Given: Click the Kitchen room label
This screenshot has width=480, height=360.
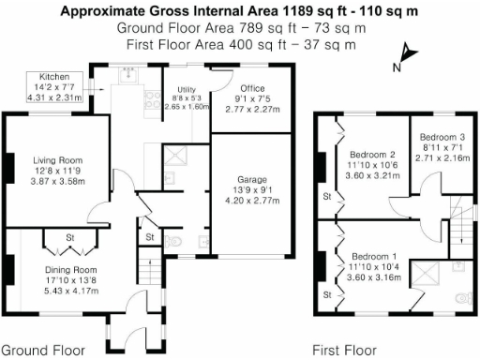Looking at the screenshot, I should pos(52,76).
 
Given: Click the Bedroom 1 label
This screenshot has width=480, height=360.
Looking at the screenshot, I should pos(374,256).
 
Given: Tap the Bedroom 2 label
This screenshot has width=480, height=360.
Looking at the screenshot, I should pos(372,155).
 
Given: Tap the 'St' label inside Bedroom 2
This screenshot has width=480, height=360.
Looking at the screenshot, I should pos(327,197).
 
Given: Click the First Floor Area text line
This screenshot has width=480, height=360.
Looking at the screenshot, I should pos(240,43).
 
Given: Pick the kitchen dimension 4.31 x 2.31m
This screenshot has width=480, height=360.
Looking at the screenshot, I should pos(52,97).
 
